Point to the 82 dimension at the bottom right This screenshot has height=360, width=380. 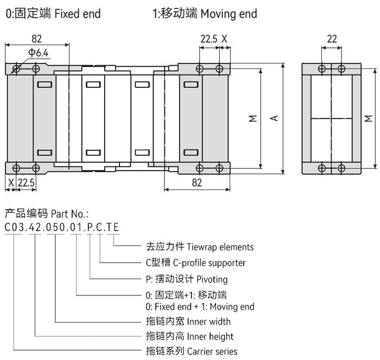[197, 183]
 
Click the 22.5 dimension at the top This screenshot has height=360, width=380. [209, 39]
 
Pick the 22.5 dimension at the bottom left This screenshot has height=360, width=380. [26, 183]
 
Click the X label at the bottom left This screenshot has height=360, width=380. [11, 183]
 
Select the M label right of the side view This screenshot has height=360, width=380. [369, 118]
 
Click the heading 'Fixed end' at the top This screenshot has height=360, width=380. [78, 14]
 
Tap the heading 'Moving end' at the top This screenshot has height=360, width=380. [229, 14]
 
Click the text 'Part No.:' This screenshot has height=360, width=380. [69, 213]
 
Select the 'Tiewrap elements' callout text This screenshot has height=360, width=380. [220, 247]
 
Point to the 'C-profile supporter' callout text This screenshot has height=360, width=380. [208, 263]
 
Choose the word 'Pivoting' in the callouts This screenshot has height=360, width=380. [212, 279]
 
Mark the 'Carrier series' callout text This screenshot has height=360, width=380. [212, 351]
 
